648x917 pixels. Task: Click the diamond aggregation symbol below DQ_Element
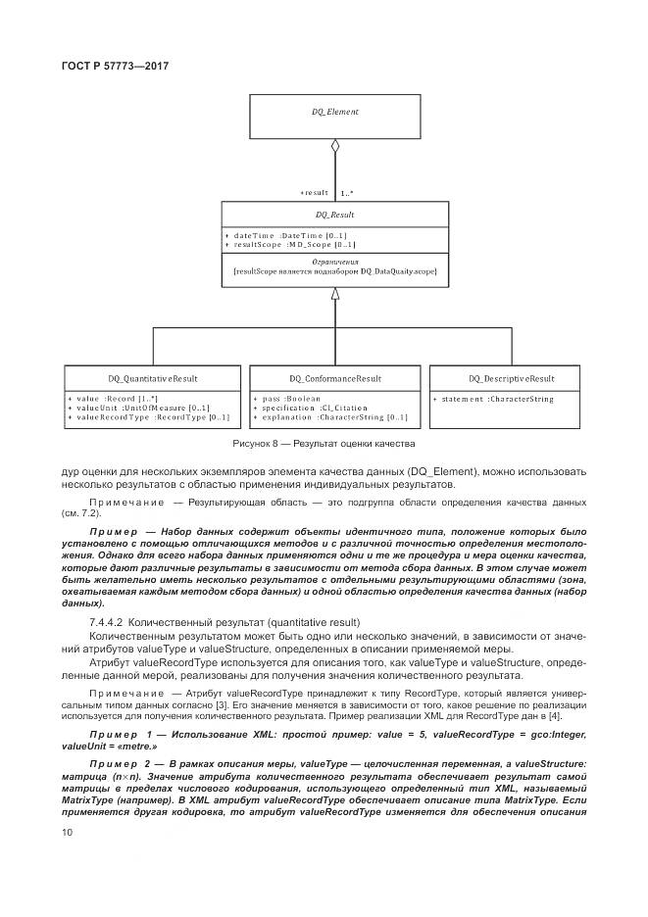335,149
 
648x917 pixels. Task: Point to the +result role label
314,193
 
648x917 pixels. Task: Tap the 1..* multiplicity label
348,193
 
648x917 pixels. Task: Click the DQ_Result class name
334,214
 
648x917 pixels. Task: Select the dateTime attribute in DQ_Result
290,235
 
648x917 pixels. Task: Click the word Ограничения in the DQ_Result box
334,262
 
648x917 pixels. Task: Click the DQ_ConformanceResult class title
335,378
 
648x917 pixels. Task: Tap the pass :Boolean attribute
290,399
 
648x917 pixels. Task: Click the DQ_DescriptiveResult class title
511,378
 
